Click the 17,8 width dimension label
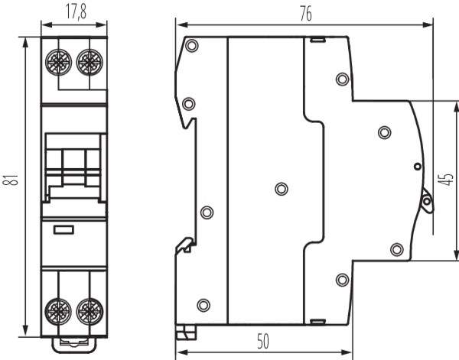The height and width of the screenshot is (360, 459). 76,12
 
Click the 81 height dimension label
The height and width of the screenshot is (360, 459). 11,180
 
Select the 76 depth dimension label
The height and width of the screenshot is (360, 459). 306,14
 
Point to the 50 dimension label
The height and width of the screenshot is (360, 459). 263,342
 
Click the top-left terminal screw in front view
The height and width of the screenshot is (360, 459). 59,62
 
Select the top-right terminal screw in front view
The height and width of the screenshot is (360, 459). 90,62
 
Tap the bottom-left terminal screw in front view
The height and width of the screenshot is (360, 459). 58,312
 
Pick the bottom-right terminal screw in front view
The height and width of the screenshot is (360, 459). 90,312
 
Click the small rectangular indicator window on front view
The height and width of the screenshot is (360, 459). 63,230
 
